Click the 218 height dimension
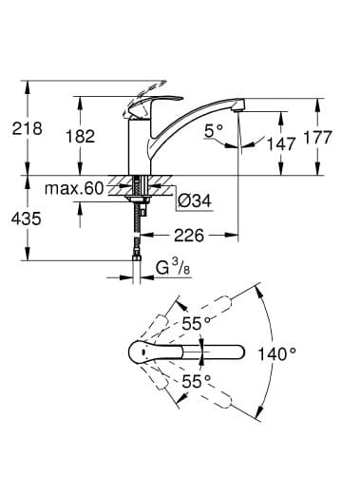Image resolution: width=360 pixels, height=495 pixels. click(27, 128)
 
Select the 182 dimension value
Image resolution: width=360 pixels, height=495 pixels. click(80, 136)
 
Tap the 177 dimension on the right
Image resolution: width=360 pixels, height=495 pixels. click(317, 137)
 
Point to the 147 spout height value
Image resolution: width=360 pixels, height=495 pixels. click(281, 143)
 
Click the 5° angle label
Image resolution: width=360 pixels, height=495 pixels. click(214, 130)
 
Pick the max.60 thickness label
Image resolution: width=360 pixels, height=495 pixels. click(74, 189)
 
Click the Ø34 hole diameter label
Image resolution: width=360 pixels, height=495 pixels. click(194, 200)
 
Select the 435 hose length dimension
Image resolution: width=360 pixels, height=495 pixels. click(27, 219)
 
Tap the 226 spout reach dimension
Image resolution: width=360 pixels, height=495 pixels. click(189, 236)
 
